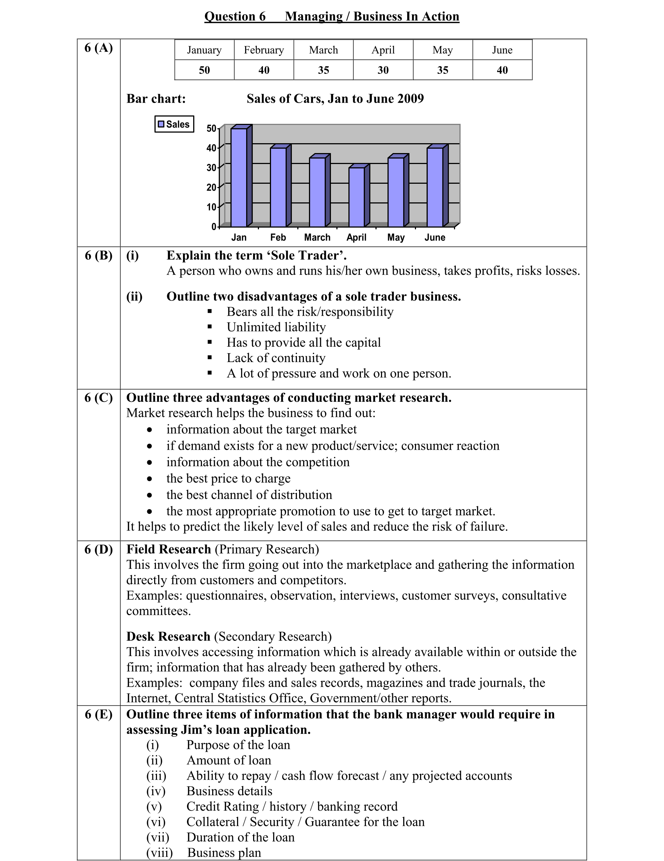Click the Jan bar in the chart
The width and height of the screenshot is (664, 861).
click(x=239, y=178)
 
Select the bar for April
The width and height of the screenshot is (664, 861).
click(x=356, y=197)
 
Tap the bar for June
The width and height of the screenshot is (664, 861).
click(x=435, y=187)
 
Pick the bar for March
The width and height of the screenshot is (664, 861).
click(x=317, y=192)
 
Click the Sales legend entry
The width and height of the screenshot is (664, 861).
click(x=174, y=124)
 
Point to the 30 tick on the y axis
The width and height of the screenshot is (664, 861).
click(x=211, y=168)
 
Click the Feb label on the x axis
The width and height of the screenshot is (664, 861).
click(x=278, y=237)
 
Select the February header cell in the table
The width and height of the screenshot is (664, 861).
click(x=264, y=50)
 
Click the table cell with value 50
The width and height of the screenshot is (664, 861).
click(x=204, y=70)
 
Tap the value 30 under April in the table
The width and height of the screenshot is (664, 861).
click(x=383, y=70)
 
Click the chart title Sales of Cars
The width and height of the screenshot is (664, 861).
click(x=335, y=99)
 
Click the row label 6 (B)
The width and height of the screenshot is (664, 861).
click(x=99, y=255)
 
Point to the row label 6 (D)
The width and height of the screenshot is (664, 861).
click(x=99, y=549)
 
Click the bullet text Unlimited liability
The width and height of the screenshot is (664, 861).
click(x=276, y=327)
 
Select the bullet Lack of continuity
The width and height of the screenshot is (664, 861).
click(x=276, y=358)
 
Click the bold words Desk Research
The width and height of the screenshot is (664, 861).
click(x=168, y=636)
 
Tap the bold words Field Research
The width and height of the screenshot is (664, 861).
click(x=169, y=549)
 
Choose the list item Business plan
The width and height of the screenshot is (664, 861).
click(x=224, y=852)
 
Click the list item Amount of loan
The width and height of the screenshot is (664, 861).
click(x=229, y=760)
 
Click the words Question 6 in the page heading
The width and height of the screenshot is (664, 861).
click(x=235, y=16)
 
